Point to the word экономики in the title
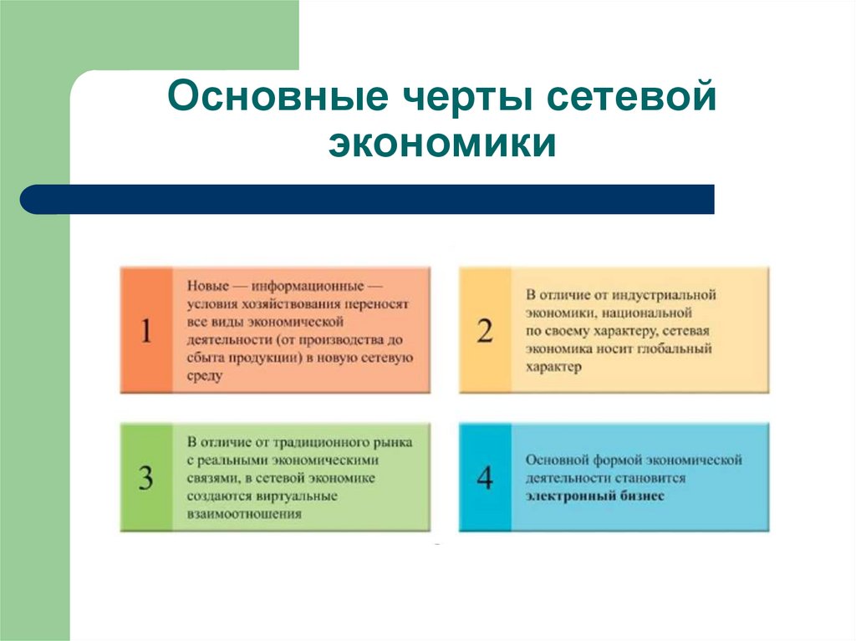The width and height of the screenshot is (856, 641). tap(442, 143)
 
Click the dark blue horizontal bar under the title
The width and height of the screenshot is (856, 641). tap(368, 199)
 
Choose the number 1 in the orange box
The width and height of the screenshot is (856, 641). tap(146, 332)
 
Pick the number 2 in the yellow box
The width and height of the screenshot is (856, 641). tap(485, 332)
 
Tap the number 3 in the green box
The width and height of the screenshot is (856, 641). tap(146, 479)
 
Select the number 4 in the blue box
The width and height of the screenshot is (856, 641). tap(485, 479)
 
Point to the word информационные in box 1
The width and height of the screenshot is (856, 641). tap(311, 286)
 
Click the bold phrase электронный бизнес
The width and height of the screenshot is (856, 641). tap(595, 496)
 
